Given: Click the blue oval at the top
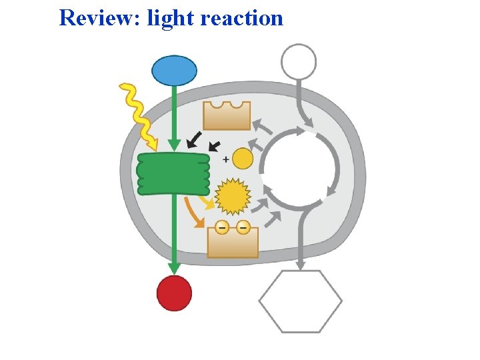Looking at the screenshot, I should [x=175, y=70].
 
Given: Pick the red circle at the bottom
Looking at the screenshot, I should [x=174, y=293].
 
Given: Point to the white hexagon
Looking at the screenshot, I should [x=300, y=301].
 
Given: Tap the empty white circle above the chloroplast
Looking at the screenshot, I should [x=298, y=61].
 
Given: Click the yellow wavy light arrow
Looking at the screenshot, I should [x=139, y=116].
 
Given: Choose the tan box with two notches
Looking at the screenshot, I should [x=227, y=115].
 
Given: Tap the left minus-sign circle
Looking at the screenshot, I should [x=222, y=227].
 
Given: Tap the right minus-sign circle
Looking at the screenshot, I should [x=243, y=227].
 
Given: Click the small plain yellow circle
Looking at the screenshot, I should [x=243, y=159].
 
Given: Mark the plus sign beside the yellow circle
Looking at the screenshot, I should [x=225, y=159].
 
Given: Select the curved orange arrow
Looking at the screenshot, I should [x=193, y=211].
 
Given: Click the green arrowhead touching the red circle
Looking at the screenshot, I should [x=174, y=268].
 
